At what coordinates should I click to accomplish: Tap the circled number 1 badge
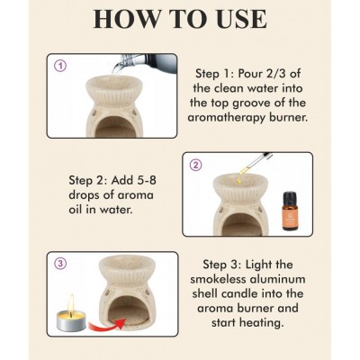[x=61, y=66]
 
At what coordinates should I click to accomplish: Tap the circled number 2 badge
[x=197, y=165]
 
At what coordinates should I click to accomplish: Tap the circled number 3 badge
[x=61, y=264]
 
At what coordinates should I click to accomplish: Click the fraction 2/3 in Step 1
[x=286, y=74]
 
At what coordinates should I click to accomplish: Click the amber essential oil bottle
[x=291, y=211]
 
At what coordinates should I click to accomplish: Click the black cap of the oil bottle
[x=291, y=198]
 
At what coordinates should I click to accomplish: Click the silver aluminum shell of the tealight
[x=71, y=325]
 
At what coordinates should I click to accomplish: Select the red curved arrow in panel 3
[x=106, y=323]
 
